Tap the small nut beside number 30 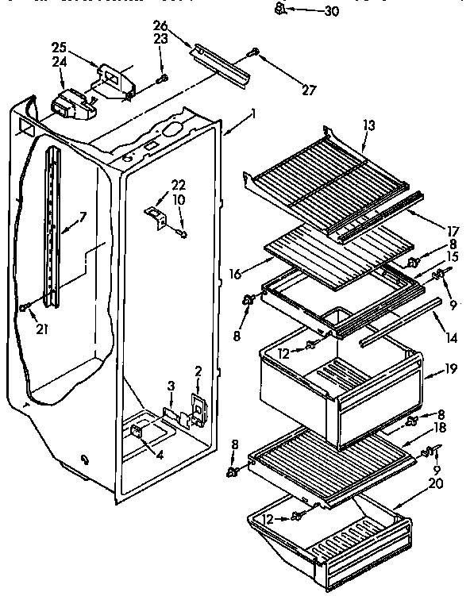(280, 10)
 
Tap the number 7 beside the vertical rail (82, 217)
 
